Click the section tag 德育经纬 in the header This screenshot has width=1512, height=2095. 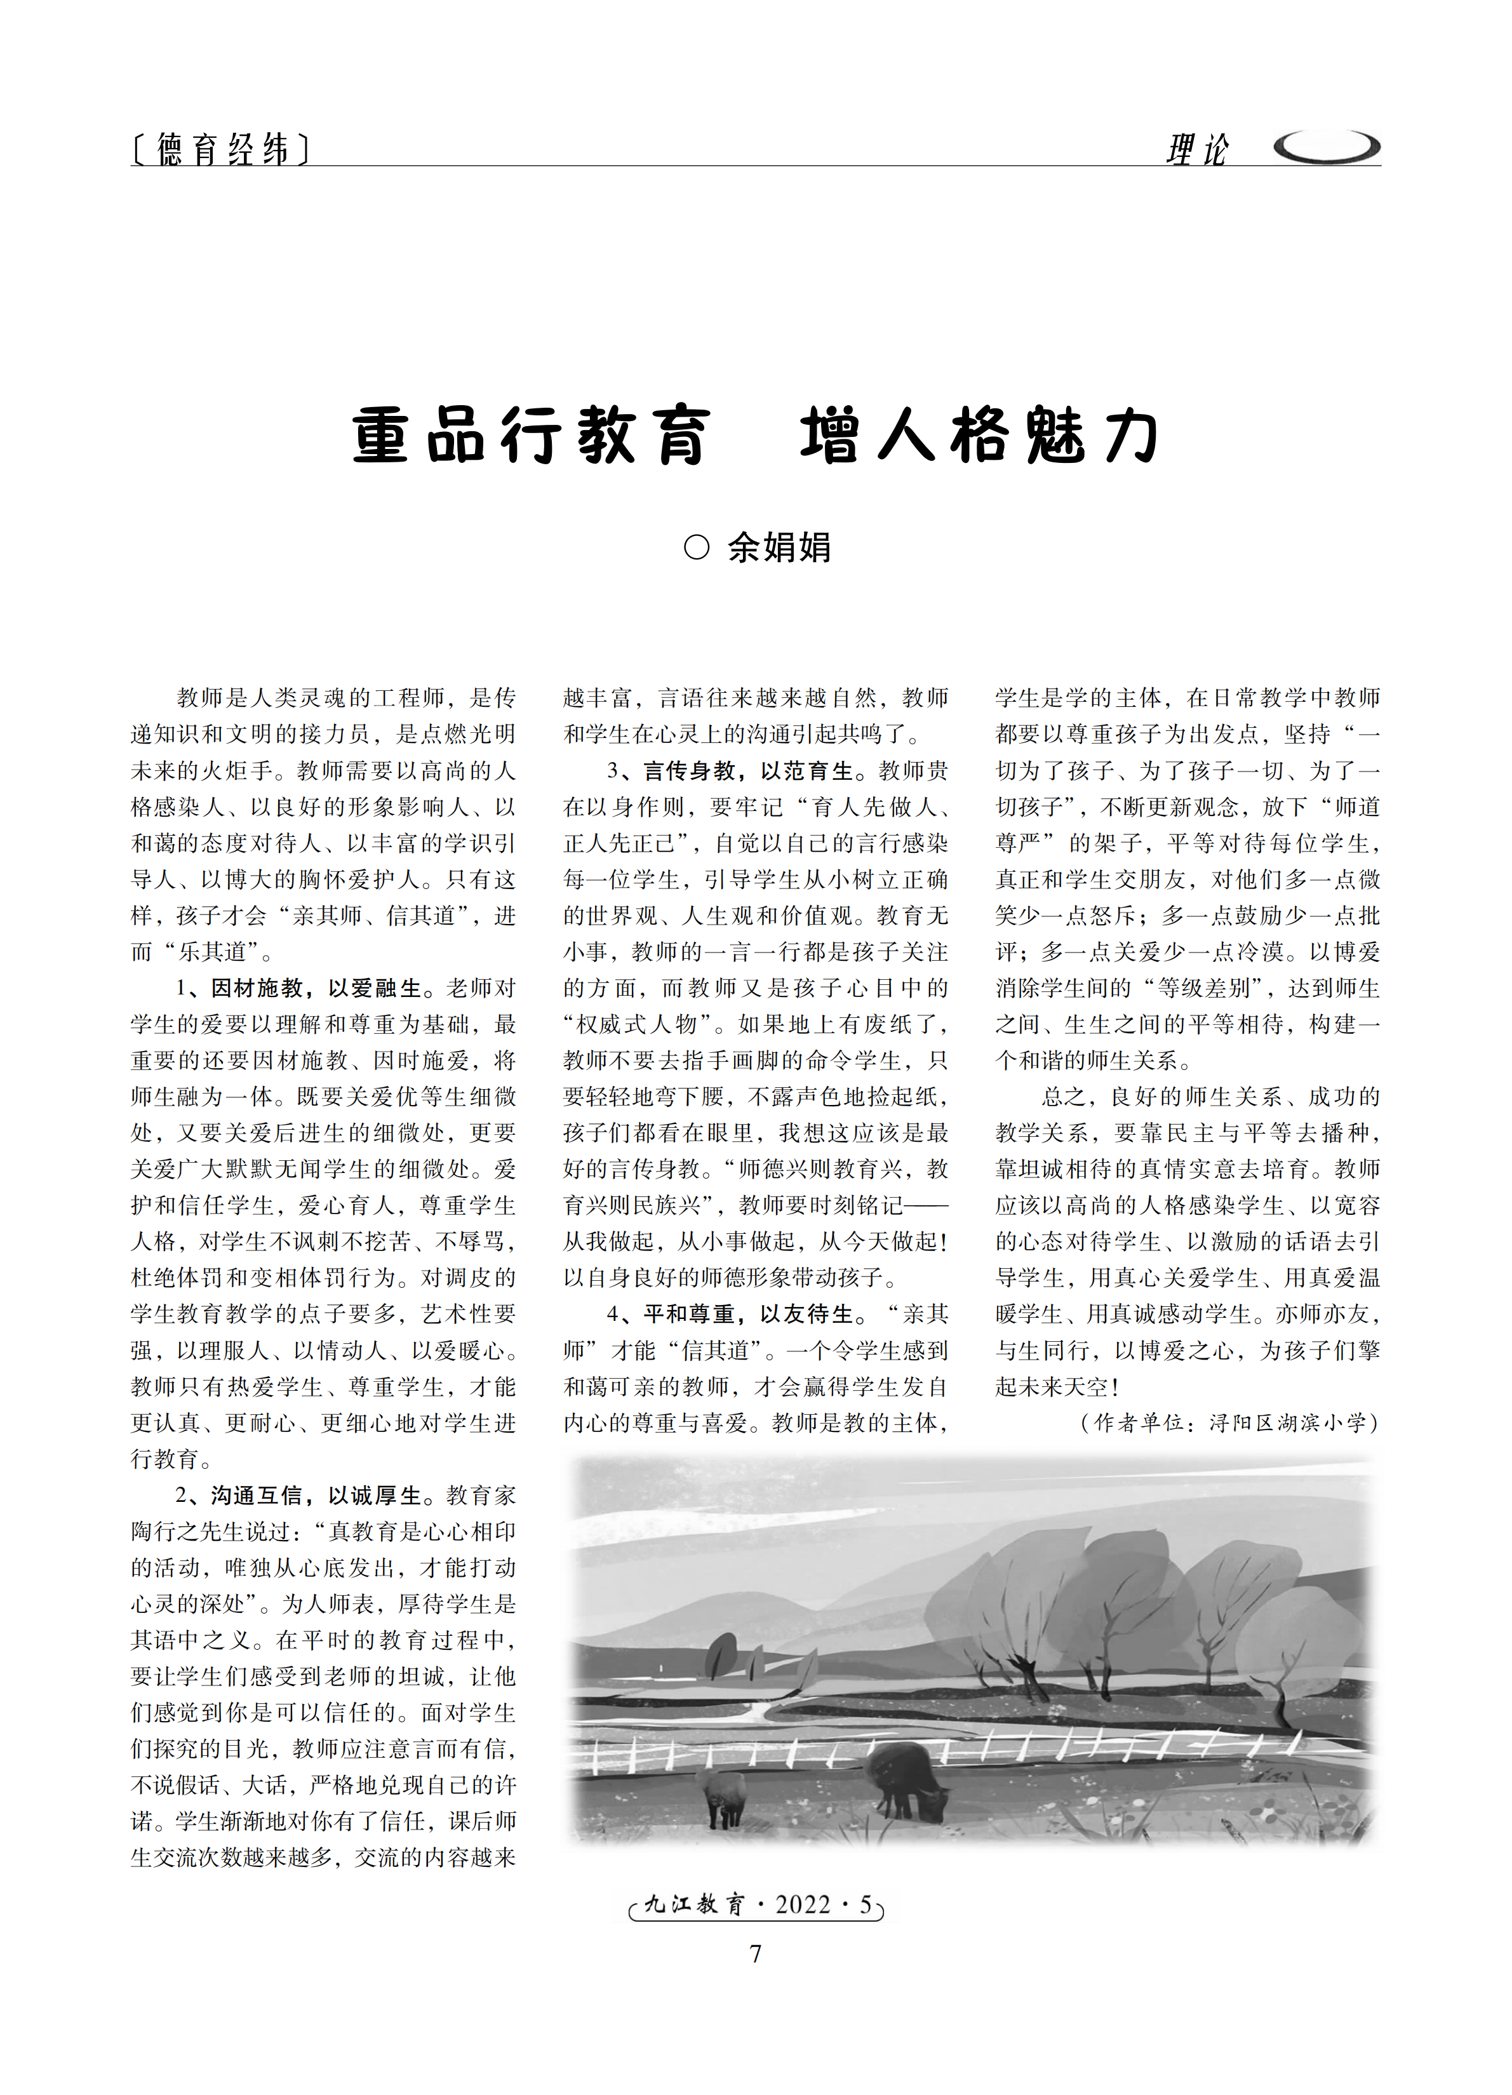[221, 149]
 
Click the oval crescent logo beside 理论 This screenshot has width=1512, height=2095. [1327, 147]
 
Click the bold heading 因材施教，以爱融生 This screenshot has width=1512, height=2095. [316, 988]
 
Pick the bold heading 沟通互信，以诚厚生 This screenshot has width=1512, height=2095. [316, 1496]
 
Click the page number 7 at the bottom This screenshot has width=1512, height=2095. [756, 1953]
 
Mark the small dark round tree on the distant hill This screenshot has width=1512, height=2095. [721, 1650]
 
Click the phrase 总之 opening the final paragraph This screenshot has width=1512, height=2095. [1064, 1097]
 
